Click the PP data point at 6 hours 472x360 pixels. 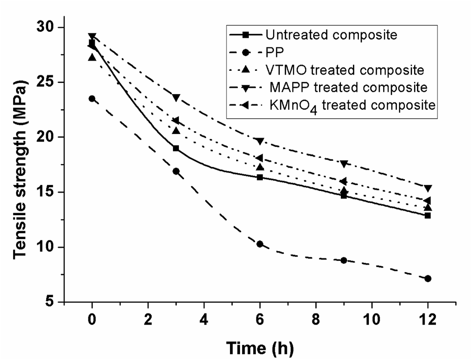tap(260, 244)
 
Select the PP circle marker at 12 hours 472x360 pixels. tap(428, 279)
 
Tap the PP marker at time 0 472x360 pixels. tap(92, 99)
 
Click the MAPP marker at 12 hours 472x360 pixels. tap(428, 188)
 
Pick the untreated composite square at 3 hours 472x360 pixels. tap(176, 148)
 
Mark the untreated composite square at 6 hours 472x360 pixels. tap(260, 177)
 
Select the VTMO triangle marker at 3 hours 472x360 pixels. tap(176, 131)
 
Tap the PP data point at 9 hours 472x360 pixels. tap(344, 260)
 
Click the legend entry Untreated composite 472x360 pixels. tap(331, 35)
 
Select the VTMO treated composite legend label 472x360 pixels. tap(345, 70)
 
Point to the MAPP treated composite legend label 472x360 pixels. tap(349, 87)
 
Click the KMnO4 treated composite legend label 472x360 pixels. tap(352, 106)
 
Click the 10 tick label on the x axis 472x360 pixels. tap(372, 320)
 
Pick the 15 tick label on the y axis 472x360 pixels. tap(46, 192)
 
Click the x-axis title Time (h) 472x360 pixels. tap(260, 348)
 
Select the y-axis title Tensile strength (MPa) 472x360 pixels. tap(20, 170)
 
